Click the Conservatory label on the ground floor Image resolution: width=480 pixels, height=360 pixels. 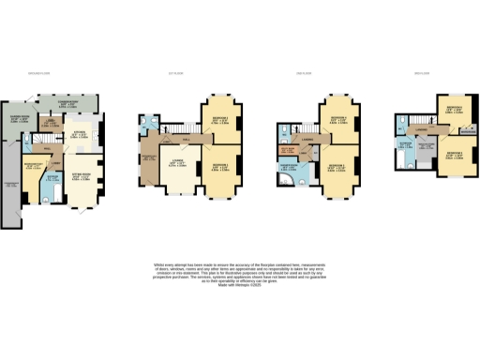(68, 104)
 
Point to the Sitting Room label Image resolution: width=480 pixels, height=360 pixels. (82, 175)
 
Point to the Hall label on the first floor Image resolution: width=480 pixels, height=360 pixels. (185, 139)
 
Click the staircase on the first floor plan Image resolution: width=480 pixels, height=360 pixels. (172, 128)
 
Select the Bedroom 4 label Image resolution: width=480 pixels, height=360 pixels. (338, 119)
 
